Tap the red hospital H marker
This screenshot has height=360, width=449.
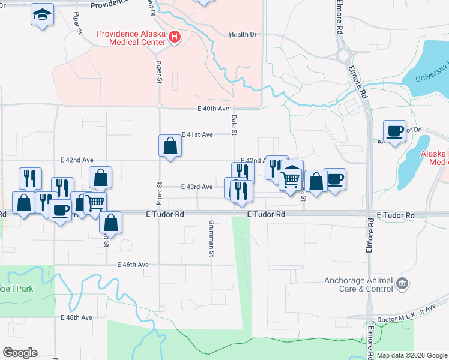[x=175, y=38]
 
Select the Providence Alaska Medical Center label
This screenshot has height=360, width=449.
[x=131, y=38]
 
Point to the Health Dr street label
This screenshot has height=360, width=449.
[x=243, y=35]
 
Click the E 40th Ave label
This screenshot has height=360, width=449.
[x=214, y=109]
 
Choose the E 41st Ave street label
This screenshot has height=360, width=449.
[x=197, y=135]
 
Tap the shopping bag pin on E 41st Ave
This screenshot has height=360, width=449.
[x=170, y=145]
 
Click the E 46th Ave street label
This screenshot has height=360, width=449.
[x=133, y=265]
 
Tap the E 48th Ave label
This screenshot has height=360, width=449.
[x=77, y=317]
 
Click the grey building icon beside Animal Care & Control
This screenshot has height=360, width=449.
[x=402, y=282]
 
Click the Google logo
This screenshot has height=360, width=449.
[x=20, y=353]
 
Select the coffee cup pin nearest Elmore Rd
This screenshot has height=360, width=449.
[x=395, y=131]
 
